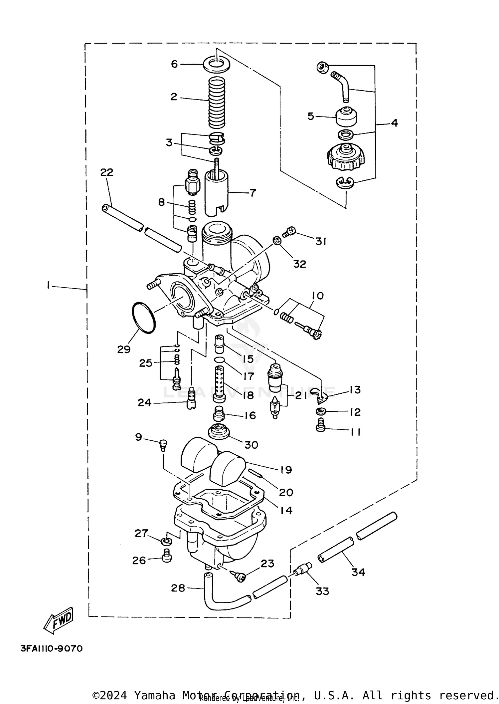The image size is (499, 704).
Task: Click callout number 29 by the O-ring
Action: (124, 349)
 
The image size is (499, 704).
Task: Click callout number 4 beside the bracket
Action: (394, 123)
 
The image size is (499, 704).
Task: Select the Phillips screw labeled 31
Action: (288, 232)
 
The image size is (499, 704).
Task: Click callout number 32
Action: (299, 264)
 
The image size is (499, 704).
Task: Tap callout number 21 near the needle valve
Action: (301, 396)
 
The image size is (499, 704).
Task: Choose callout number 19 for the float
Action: (286, 470)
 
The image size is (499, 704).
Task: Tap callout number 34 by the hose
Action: (358, 572)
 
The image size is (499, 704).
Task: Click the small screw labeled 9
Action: (163, 444)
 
